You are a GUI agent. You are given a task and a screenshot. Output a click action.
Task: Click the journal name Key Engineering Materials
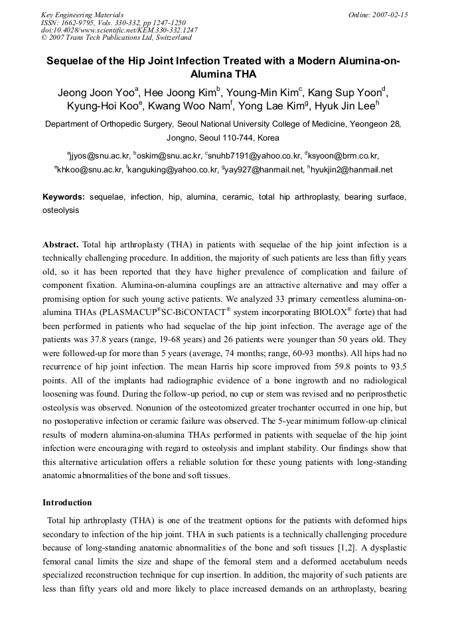pyautogui.click(x=82, y=15)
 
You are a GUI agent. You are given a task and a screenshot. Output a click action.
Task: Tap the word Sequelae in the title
pyautogui.click(x=70, y=61)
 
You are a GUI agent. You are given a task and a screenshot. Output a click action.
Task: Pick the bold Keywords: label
pyautogui.click(x=64, y=197)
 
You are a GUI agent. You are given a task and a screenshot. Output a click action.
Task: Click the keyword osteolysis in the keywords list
pyautogui.click(x=60, y=210)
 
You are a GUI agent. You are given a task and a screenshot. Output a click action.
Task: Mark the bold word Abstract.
pyautogui.click(x=60, y=245)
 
